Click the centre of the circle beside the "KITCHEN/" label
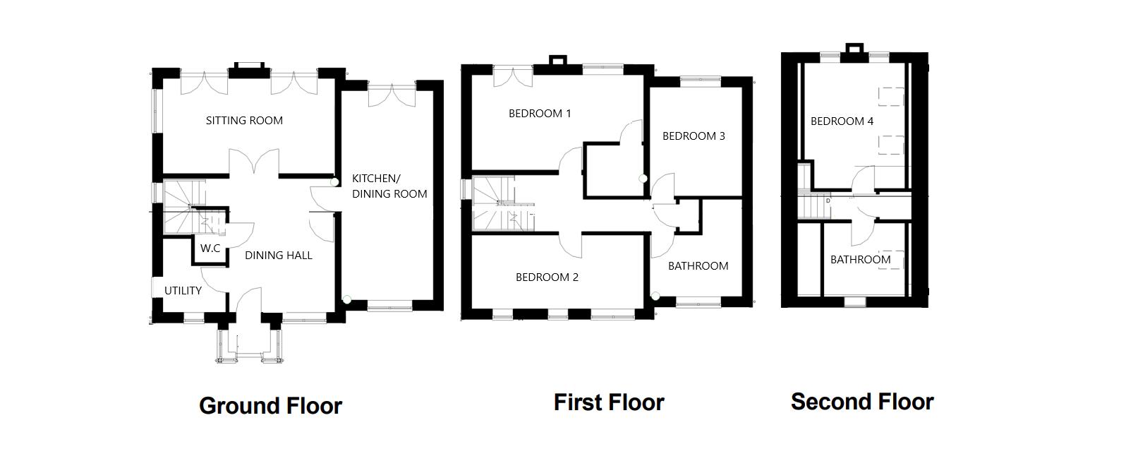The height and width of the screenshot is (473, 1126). [334, 182]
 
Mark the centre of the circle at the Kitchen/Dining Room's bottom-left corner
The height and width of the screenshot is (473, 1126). [346, 300]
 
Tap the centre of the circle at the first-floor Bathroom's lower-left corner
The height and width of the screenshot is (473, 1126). [655, 296]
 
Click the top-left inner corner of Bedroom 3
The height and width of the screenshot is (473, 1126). [650, 88]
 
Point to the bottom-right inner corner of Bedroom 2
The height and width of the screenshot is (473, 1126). [643, 308]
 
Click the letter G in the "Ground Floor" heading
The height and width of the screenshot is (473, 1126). [207, 406]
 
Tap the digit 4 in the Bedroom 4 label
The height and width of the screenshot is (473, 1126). [870, 121]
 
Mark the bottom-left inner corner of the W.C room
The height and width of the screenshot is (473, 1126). [195, 262]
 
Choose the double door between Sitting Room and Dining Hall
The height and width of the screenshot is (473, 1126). [254, 162]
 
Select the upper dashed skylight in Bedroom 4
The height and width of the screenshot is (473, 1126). [891, 97]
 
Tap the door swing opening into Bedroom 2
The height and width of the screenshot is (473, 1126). [570, 245]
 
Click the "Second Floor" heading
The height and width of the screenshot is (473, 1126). [862, 402]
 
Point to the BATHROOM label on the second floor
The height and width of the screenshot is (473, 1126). [860, 260]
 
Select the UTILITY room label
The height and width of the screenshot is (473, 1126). [183, 291]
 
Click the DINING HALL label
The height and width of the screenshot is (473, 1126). [279, 256]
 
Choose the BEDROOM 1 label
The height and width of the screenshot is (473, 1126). [540, 114]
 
